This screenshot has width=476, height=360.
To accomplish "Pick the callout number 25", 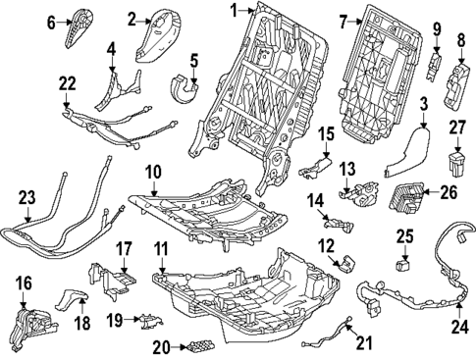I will (404, 234).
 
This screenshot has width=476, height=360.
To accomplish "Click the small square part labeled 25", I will (403, 262).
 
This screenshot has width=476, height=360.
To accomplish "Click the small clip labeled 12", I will (344, 264).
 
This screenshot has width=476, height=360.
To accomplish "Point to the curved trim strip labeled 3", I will (405, 147).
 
